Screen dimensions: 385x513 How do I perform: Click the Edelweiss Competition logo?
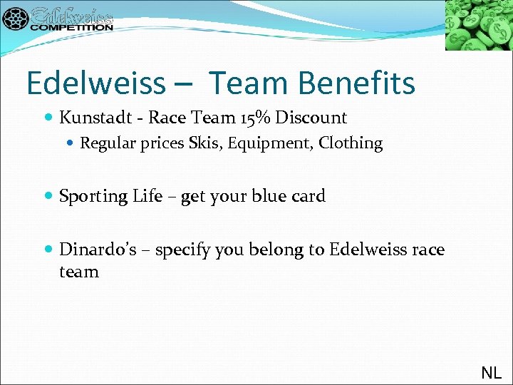[58, 19]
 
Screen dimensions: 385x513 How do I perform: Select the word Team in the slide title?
[247, 83]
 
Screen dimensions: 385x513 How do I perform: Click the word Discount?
[314, 118]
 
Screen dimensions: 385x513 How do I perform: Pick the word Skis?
[203, 143]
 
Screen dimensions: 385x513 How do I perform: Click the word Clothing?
[351, 143]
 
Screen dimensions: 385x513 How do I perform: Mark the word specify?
[181, 251]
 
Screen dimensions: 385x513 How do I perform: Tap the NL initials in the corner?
[491, 372]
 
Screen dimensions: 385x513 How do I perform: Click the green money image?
[479, 25]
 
